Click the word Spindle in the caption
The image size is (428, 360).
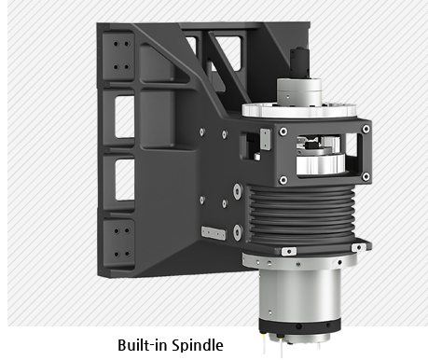coord(198,345)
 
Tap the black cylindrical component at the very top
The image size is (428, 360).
coord(299,62)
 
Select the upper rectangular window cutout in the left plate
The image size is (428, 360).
coord(125,117)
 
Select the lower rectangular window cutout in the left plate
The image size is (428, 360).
coord(125,180)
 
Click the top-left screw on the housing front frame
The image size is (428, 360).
coord(283,132)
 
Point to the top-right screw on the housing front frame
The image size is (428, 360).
coord(366,129)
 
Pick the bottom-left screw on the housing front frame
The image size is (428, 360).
coord(283,180)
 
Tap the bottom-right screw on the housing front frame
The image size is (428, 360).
coord(366,177)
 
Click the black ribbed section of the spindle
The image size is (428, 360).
coord(301,214)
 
